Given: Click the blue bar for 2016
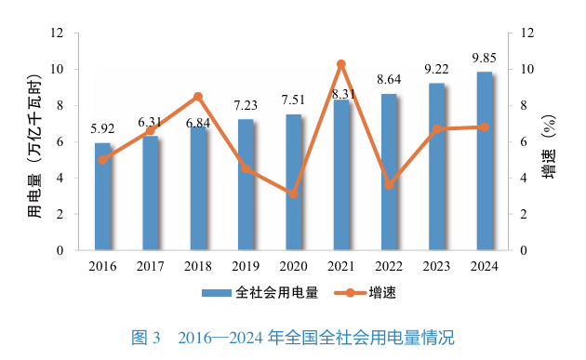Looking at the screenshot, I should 102,196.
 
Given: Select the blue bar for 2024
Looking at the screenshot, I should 485,161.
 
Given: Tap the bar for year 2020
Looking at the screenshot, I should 293,182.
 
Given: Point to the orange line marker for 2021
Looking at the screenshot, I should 341,64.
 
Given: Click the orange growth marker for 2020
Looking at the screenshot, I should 293,194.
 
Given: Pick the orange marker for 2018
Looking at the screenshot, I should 198,97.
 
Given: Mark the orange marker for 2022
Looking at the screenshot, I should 389,185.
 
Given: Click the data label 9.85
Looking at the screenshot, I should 484,58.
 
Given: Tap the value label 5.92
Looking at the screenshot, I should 102,129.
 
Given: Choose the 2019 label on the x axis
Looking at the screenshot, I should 246,266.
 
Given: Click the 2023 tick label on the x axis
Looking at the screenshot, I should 436,266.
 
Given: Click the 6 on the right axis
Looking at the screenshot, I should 526,141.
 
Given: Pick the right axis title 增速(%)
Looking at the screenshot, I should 549,141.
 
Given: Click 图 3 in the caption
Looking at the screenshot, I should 147,337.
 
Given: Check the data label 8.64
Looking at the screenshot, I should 389,80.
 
